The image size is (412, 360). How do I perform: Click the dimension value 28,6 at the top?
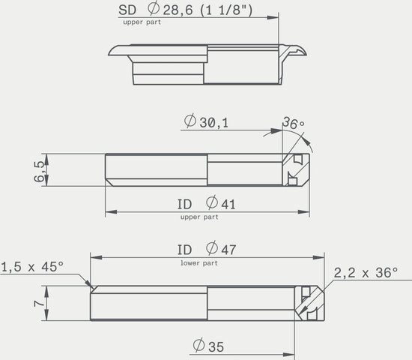[x=178, y=10]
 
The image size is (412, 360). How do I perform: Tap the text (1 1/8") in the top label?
[x=226, y=10]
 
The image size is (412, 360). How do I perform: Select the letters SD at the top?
[x=127, y=10]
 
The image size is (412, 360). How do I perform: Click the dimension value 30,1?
[x=214, y=123]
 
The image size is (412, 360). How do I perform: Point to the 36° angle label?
[x=293, y=123]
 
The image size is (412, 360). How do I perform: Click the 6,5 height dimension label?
[x=39, y=171]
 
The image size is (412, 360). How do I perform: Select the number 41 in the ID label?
[x=228, y=205]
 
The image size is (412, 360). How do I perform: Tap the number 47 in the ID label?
[x=228, y=250]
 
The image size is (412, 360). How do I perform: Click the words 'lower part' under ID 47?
[x=199, y=263]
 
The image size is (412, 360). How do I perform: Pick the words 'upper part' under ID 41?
[x=199, y=217]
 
